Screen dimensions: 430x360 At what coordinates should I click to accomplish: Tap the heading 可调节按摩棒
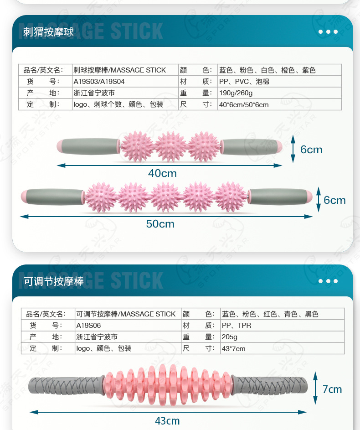54,281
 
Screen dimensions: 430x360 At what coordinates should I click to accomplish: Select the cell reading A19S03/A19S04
99,82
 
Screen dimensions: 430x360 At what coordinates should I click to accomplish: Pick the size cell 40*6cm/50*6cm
244,104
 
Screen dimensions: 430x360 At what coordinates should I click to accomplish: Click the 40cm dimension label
162,173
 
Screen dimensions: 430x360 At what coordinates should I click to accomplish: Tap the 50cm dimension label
160,224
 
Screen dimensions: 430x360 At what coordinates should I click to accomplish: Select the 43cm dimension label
167,421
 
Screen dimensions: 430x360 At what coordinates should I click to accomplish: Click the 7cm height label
332,389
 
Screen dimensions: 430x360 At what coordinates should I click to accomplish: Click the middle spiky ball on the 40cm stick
171,146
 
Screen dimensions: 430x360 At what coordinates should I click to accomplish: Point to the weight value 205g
230,337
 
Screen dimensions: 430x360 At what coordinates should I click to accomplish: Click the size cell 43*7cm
233,349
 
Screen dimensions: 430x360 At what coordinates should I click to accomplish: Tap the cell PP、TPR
237,326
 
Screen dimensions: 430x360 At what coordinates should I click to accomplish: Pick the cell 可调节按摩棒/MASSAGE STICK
126,314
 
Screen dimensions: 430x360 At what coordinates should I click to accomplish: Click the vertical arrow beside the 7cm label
315,389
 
